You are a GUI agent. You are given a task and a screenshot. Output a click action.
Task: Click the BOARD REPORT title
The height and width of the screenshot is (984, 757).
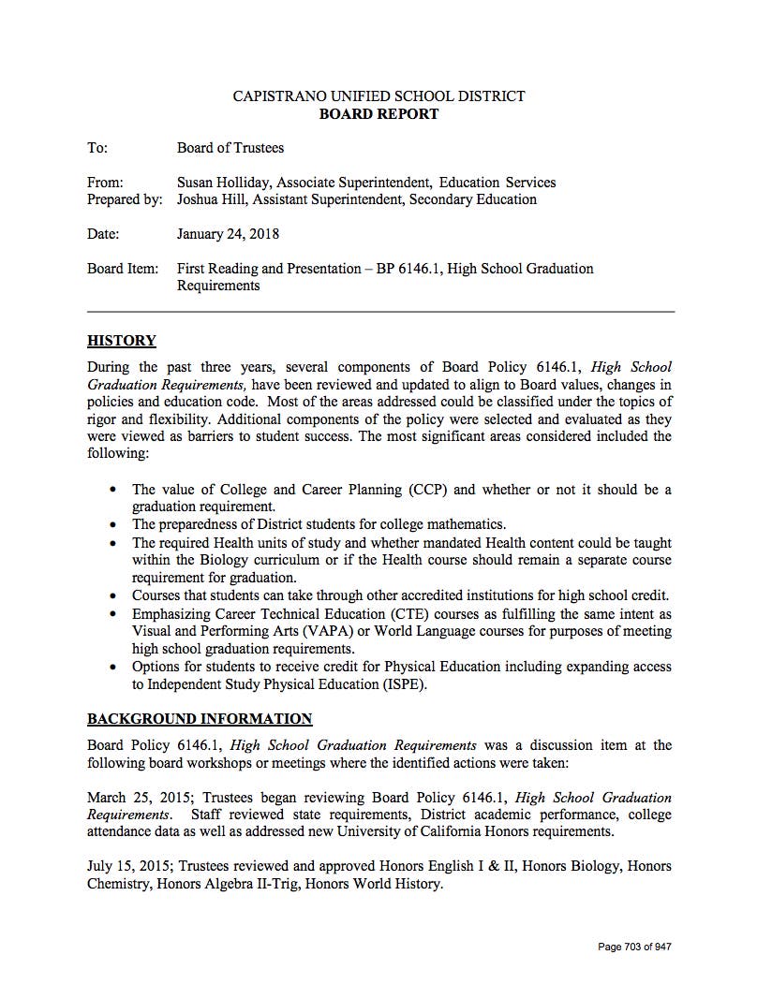(x=378, y=114)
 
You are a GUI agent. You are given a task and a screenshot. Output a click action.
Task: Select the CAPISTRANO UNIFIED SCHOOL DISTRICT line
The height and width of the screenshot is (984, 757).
(x=378, y=96)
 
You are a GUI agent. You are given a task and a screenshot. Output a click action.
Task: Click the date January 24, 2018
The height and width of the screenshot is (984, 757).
(x=228, y=234)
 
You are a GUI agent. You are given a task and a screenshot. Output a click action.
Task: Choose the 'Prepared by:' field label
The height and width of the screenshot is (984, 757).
(x=125, y=199)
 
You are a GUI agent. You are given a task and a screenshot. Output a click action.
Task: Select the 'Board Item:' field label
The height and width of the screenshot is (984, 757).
(x=123, y=269)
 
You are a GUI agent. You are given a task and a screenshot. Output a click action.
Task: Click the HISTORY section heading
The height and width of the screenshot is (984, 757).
(x=122, y=341)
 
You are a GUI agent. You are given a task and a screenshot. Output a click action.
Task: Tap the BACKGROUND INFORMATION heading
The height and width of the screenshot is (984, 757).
(x=200, y=719)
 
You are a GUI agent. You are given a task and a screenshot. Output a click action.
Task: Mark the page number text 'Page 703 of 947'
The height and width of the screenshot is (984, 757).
(x=634, y=947)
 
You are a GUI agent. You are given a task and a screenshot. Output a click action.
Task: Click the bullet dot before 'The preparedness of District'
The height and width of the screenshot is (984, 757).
(x=113, y=524)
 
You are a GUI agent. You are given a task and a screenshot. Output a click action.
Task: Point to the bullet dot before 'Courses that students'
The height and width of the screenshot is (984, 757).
(x=113, y=595)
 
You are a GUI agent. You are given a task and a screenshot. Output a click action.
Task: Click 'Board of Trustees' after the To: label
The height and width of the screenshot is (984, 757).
(x=230, y=148)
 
